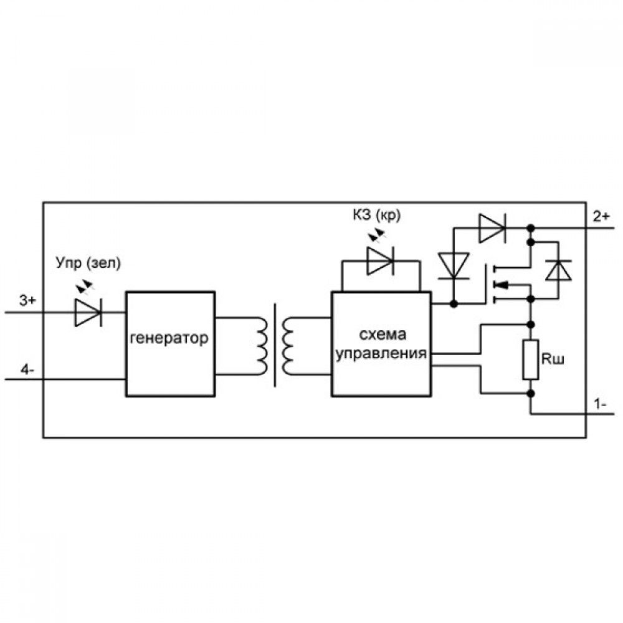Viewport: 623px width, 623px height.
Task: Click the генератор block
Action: pyautogui.click(x=171, y=344)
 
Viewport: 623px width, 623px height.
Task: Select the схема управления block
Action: pyautogui.click(x=381, y=344)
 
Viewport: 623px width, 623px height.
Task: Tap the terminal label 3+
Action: pyautogui.click(x=27, y=300)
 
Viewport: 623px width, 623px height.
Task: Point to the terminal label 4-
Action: pyautogui.click(x=27, y=370)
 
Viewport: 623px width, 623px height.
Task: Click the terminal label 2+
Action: pyautogui.click(x=601, y=217)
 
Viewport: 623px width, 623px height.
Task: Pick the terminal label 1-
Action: pyautogui.click(x=600, y=404)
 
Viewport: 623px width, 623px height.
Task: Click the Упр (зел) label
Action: pyautogui.click(x=88, y=263)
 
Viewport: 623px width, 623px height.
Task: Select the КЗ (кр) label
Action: pyautogui.click(x=377, y=215)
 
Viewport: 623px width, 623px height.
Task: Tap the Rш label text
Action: pyautogui.click(x=552, y=359)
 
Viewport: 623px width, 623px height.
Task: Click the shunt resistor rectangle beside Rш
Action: pyautogui.click(x=530, y=359)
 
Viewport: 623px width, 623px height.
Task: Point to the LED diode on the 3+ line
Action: pyautogui.click(x=88, y=312)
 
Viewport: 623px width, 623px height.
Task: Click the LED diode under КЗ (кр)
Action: pyautogui.click(x=380, y=260)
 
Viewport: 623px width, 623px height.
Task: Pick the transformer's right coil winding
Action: pyautogui.click(x=288, y=346)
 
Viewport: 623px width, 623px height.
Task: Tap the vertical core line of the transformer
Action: pyautogui.click(x=275, y=345)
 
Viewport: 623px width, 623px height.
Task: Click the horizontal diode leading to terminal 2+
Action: pyautogui.click(x=492, y=228)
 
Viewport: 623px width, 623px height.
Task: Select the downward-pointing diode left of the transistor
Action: pyautogui.click(x=454, y=265)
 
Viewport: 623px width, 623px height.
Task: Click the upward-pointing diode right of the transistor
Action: pyautogui.click(x=558, y=270)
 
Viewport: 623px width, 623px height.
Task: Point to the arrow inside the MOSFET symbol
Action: pyautogui.click(x=502, y=285)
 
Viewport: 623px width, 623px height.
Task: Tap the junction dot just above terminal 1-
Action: pyautogui.click(x=530, y=393)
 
